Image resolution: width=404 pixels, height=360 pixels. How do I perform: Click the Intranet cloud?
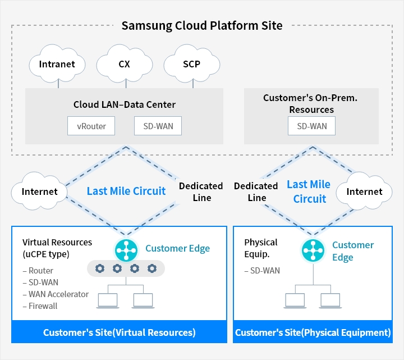point(57,63)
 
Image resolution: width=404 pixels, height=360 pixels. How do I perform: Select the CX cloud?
point(125,63)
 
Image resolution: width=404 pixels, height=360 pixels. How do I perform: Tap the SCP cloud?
point(192,63)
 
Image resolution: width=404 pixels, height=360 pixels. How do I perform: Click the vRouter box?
point(91,126)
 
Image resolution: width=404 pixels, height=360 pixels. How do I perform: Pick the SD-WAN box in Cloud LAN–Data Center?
point(158,126)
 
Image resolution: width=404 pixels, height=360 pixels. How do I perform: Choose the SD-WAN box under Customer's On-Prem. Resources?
point(312,126)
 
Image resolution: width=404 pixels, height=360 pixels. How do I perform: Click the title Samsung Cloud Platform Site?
point(202,25)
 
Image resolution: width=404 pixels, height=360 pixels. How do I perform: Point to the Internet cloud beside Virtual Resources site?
point(39,191)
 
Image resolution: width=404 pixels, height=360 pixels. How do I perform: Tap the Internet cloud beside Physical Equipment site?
point(364,191)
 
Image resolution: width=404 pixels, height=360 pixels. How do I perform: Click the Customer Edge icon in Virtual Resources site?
point(126,250)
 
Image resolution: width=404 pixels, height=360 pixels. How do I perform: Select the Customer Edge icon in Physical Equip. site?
point(313,250)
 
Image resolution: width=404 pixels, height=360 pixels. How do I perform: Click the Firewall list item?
point(40,306)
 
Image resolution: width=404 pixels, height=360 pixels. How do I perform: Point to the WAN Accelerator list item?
point(56,294)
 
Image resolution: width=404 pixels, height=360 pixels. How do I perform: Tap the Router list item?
point(38,271)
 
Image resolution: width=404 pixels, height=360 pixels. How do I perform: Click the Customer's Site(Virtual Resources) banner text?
point(120,332)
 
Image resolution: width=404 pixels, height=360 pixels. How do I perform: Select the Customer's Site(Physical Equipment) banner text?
point(313,332)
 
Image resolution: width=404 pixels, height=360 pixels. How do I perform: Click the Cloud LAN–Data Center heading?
point(125,104)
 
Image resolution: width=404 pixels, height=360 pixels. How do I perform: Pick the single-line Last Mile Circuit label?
point(126,191)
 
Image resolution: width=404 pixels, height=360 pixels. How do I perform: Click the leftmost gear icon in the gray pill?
point(100,268)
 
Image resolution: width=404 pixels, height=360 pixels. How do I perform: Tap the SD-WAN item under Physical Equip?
point(262,271)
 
